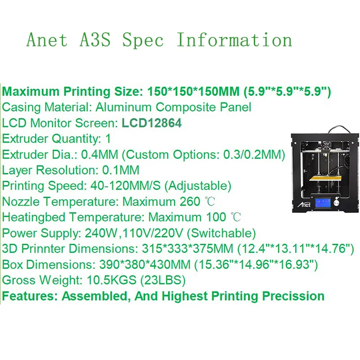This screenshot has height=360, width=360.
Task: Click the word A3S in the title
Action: click(x=95, y=40)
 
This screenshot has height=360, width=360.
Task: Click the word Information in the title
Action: click(x=234, y=40)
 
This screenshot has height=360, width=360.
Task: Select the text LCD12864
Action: click(x=152, y=123)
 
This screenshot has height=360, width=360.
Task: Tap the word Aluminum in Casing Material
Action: click(x=123, y=107)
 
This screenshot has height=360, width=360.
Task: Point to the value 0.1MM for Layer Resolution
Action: click(x=121, y=170)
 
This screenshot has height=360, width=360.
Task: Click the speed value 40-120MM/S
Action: click(x=126, y=186)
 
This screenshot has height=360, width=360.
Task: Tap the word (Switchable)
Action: click(x=221, y=233)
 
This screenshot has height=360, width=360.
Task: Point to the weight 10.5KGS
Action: click(x=112, y=280)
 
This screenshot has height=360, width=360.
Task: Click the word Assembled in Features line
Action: click(x=94, y=296)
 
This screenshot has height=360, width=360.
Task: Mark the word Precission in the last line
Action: click(x=293, y=296)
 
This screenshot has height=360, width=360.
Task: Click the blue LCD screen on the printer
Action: click(x=323, y=203)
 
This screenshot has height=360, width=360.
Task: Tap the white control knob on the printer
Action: click(x=337, y=202)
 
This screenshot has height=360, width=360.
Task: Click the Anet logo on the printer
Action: click(x=304, y=204)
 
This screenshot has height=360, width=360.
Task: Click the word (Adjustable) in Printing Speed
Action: click(x=198, y=186)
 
